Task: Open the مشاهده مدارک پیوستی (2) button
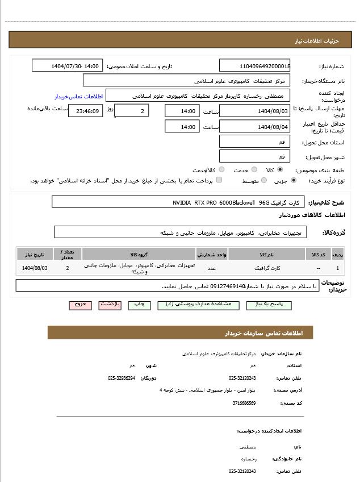[x=191, y=305]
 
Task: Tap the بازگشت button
[x=110, y=305]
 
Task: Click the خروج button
[x=81, y=305]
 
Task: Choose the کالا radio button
[x=280, y=170]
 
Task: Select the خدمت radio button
[x=254, y=170]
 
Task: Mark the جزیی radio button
[x=294, y=181]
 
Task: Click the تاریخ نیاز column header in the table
[x=35, y=254]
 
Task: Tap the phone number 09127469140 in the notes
[x=228, y=286]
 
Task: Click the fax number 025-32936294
[x=122, y=378]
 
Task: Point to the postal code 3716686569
[x=244, y=403]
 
